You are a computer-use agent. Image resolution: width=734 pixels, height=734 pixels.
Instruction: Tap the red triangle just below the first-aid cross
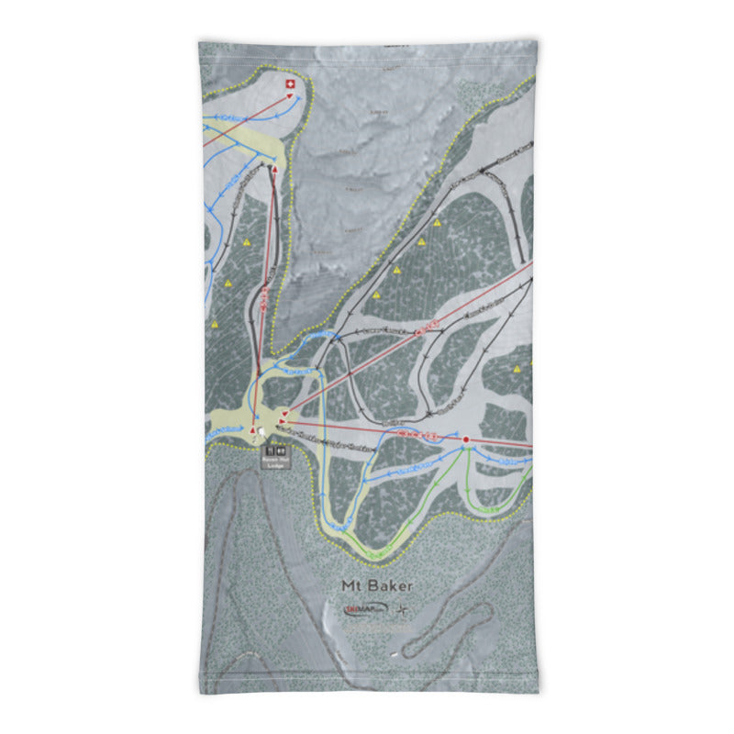(288, 95)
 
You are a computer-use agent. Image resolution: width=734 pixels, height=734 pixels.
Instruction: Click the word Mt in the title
(350, 585)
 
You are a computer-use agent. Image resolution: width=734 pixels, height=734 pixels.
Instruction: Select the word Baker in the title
(391, 585)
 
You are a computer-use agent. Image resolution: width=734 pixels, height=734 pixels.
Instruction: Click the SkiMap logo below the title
(363, 608)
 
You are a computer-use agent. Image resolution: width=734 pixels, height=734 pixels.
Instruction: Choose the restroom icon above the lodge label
(270, 450)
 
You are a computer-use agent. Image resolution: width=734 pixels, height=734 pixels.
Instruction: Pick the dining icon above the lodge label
(281, 450)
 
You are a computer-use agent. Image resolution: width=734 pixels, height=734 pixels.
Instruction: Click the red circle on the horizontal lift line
(466, 440)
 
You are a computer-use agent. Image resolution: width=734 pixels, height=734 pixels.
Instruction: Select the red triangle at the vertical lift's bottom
(253, 428)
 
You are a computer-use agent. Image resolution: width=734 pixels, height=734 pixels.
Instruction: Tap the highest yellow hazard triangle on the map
(438, 222)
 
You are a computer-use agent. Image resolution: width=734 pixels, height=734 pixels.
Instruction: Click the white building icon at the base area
(263, 431)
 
